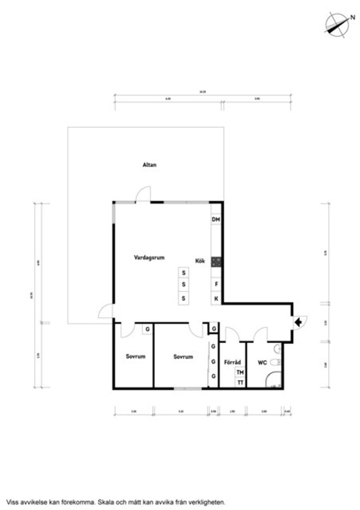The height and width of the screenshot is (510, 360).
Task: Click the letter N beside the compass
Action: coord(352,17)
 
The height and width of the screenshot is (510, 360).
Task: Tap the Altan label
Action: coord(149,165)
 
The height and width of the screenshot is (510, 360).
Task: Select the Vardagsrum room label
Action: coord(149,258)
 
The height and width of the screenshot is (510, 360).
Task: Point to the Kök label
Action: coord(200,261)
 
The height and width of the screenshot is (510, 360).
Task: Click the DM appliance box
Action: coord(216,219)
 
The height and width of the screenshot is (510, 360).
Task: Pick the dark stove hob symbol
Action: coord(216,262)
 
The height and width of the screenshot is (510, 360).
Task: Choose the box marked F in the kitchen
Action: coord(216,284)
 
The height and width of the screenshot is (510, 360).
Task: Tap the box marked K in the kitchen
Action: coord(216,299)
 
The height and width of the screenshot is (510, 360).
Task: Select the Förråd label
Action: coord(232,362)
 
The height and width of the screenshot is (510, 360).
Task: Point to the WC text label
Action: coord(262,362)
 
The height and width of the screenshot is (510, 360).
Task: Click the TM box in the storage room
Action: coord(240,372)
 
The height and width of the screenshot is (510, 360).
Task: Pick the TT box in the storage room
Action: coord(240,382)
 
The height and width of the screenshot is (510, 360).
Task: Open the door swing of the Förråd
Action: coord(232,334)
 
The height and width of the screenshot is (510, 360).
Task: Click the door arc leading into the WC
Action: coord(261,334)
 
